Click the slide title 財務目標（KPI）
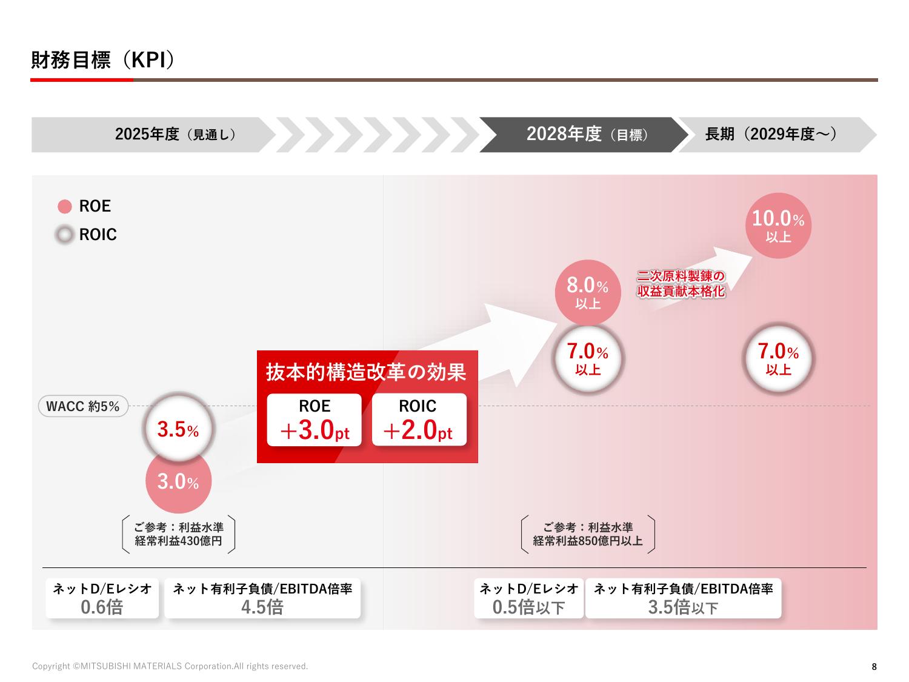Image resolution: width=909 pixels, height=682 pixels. (x=103, y=61)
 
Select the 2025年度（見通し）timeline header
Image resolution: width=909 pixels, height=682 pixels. (x=175, y=134)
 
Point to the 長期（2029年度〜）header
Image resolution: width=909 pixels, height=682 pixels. (x=771, y=134)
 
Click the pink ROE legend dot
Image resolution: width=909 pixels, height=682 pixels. (x=65, y=207)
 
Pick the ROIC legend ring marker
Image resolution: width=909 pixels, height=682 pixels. (x=65, y=235)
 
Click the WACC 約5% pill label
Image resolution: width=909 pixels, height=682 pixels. (x=83, y=406)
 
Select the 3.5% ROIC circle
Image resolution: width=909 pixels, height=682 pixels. (x=178, y=430)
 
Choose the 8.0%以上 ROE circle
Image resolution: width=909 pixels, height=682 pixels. (x=588, y=292)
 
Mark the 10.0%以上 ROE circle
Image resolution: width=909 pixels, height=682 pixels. (x=778, y=226)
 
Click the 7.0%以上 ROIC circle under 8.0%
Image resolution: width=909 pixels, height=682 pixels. (x=588, y=358)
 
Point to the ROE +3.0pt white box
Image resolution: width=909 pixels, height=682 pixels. (x=315, y=420)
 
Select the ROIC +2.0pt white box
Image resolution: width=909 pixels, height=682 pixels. (x=419, y=420)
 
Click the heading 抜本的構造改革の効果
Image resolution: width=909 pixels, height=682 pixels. (x=367, y=372)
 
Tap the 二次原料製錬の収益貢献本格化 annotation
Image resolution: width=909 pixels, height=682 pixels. (x=681, y=284)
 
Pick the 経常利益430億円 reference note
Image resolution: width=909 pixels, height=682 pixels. (x=178, y=541)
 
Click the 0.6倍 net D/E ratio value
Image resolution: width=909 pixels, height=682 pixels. (x=102, y=607)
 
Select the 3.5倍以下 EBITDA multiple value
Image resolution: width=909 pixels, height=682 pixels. (x=683, y=607)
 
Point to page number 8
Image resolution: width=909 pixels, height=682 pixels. (x=874, y=667)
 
